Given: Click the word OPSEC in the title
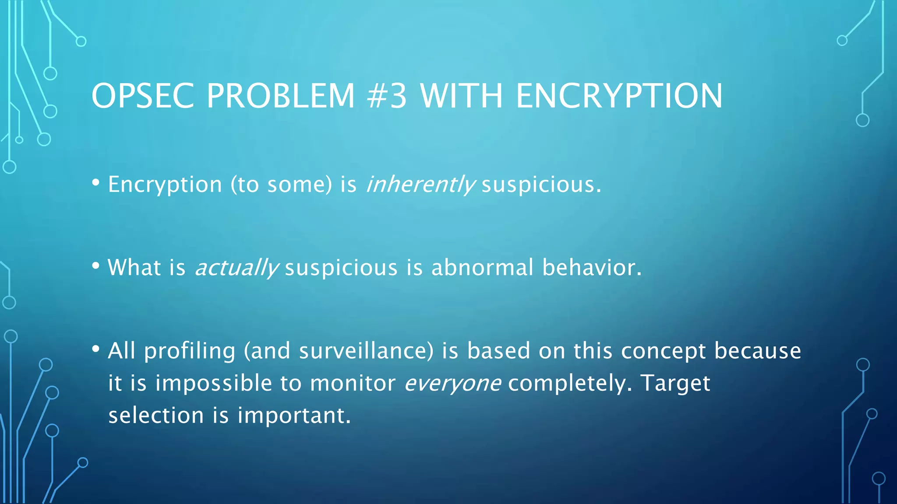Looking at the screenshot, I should click(142, 96).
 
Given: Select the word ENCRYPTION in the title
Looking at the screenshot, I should click(619, 96).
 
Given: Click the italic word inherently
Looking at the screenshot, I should click(420, 185).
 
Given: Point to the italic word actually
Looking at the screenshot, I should click(236, 268).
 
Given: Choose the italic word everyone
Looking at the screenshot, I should click(452, 384).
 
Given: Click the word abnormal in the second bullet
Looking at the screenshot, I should click(482, 267).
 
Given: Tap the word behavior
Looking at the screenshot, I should click(592, 267).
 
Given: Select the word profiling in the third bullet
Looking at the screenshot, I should click(190, 351).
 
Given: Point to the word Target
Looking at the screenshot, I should click(675, 384).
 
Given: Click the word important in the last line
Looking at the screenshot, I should click(294, 415).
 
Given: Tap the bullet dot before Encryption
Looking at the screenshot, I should click(96, 183).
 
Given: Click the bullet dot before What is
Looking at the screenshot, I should click(96, 266).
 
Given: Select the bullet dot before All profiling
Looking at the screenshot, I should click(96, 349).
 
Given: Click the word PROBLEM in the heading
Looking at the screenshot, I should click(280, 96).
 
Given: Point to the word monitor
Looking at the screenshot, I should click(353, 384).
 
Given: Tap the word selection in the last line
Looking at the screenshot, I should click(156, 415).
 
